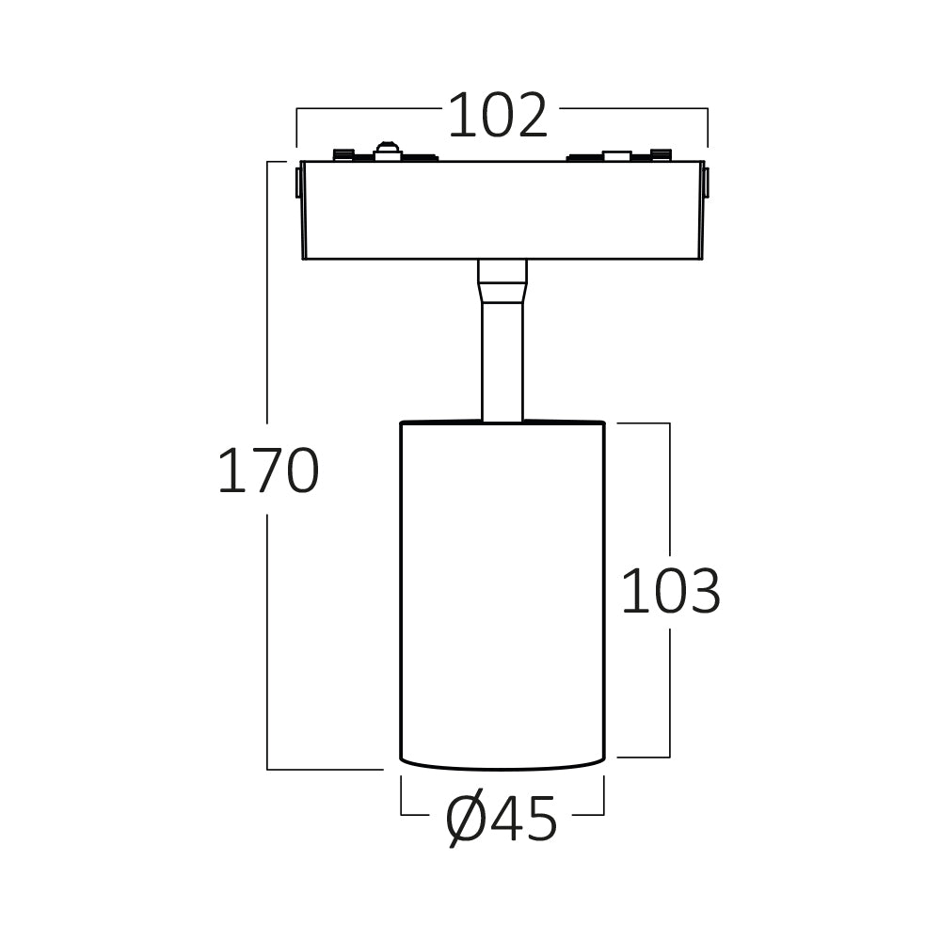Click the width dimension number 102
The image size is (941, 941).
point(498,115)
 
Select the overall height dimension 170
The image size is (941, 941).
point(267,471)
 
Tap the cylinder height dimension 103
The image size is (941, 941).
point(670,591)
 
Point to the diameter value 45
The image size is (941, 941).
point(524,819)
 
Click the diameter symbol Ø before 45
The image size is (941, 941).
point(467,820)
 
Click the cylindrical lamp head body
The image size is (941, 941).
point(502,594)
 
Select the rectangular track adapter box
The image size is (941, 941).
point(502,210)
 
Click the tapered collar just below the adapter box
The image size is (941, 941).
point(502,280)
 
